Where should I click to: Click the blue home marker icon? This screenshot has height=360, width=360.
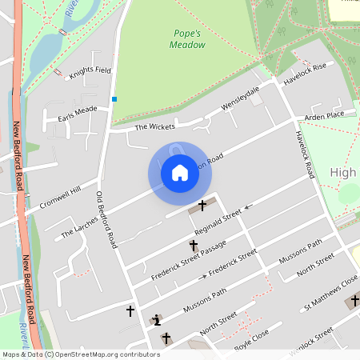[180, 173]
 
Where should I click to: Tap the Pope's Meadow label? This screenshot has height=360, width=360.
[189, 39]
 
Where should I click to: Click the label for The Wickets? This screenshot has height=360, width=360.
[153, 126]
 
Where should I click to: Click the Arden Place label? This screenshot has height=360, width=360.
[324, 115]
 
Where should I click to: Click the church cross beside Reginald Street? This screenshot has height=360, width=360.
[202, 206]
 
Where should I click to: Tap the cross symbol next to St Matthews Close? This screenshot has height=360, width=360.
[355, 301]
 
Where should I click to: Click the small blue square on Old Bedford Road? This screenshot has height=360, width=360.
[114, 99]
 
